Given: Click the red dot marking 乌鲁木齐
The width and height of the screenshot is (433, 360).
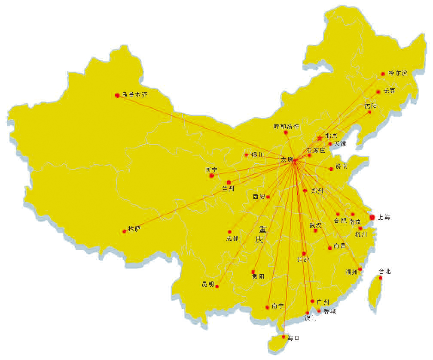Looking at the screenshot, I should [x=117, y=95].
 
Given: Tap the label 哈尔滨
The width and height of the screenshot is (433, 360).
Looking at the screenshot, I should [x=397, y=73].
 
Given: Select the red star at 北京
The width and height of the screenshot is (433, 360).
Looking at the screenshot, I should [x=319, y=138].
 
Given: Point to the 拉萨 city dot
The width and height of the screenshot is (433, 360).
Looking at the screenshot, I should [x=124, y=231].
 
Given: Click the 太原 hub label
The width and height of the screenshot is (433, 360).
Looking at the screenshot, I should [x=287, y=159].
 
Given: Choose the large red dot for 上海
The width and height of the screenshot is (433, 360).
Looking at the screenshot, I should [x=372, y=217].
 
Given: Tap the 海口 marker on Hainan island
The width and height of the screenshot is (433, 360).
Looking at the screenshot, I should [x=284, y=337].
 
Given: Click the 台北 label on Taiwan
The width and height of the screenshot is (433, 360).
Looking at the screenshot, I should [x=385, y=271].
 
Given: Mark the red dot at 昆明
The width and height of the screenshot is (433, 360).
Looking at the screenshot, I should [x=217, y=286].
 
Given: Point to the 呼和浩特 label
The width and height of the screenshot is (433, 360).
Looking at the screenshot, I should [x=287, y=127].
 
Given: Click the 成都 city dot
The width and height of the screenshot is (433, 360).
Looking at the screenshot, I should [x=229, y=232].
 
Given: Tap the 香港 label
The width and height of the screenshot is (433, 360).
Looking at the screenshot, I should [x=330, y=312].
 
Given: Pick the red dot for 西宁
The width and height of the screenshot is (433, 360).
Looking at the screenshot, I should [x=211, y=175].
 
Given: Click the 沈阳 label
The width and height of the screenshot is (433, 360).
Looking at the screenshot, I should [x=370, y=106].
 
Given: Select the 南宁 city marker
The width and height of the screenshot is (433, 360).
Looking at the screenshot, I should [x=268, y=307].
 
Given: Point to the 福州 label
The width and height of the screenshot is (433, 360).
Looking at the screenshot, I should [x=351, y=272].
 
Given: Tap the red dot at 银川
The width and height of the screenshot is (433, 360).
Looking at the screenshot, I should [x=246, y=155].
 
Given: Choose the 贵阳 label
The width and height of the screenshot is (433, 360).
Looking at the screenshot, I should [x=258, y=276].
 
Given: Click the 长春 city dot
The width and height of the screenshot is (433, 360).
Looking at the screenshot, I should [x=378, y=92].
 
